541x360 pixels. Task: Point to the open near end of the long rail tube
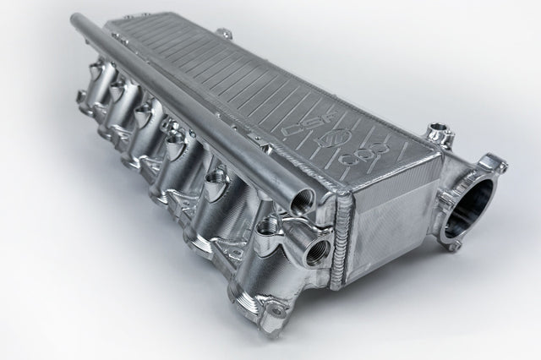(x=300, y=199)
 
